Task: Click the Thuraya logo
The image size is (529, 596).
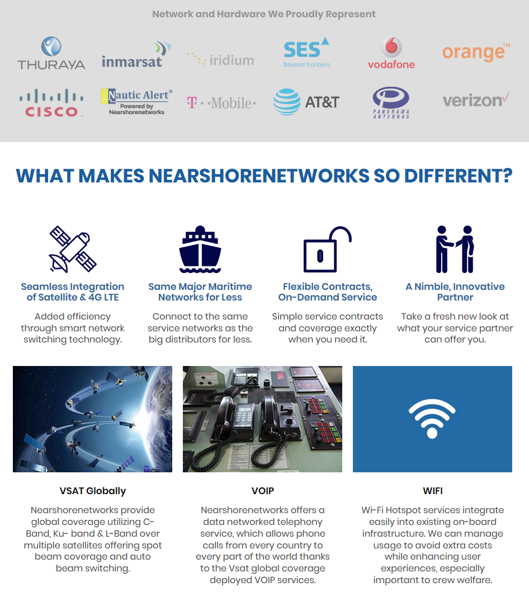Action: pos(51,53)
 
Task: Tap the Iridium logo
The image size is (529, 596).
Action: pos(221,59)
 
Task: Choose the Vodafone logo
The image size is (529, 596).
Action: pos(391,53)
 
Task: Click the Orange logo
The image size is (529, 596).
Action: pos(476,51)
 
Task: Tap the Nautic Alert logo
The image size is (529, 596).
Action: pos(136,101)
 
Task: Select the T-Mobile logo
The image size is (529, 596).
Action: pos(221,103)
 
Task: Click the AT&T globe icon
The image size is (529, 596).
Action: pos(286,102)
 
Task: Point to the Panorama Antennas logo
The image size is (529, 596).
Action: pos(391,102)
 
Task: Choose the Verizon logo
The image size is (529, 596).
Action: pos(476,101)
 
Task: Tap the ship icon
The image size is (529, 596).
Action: pos(200,249)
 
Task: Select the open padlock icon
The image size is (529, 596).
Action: pos(327,249)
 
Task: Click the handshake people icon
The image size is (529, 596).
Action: pos(455,249)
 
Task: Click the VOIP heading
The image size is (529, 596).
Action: pos(262,491)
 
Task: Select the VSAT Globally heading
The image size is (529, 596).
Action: pos(93,491)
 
